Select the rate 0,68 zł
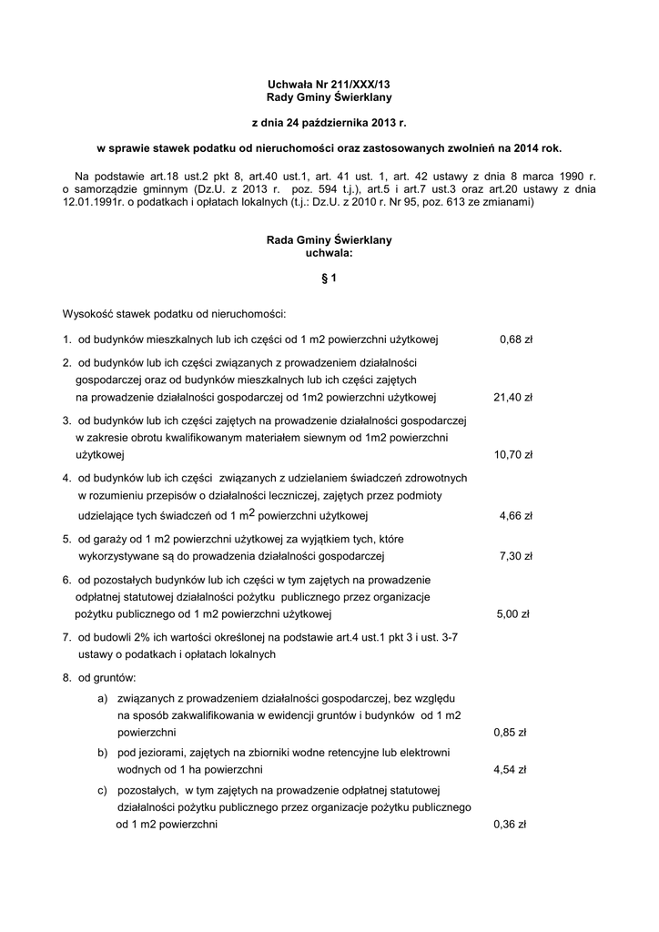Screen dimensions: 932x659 (515, 339)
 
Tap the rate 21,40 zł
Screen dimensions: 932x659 (512, 397)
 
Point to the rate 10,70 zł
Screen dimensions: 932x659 (512, 454)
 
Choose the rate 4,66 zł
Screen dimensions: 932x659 (515, 515)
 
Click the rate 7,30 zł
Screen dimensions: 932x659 (515, 555)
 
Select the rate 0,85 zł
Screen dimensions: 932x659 (510, 731)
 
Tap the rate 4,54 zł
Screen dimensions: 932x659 (510, 769)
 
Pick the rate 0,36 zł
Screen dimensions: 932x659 (510, 825)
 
